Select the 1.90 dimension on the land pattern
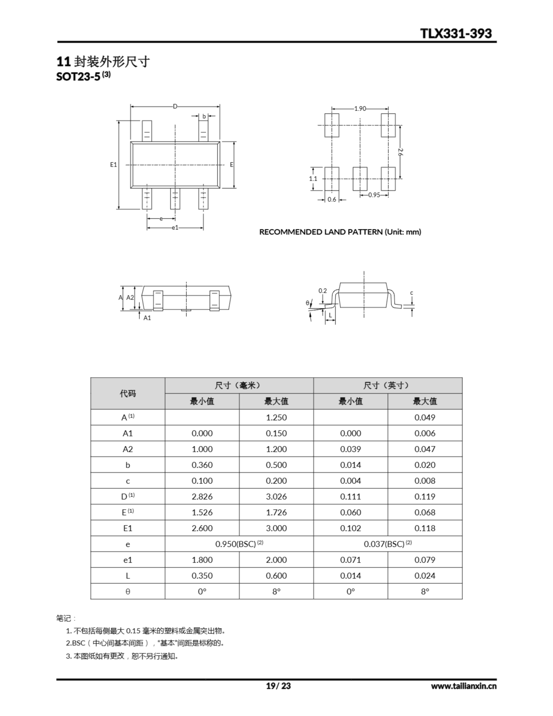[x=360, y=109]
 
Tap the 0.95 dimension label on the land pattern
[x=374, y=195]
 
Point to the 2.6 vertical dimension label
[x=400, y=152]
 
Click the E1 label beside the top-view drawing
[x=114, y=164]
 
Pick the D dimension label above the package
[x=175, y=106]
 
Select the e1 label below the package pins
[x=175, y=227]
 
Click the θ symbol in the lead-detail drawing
[x=307, y=303]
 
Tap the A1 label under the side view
[x=147, y=318]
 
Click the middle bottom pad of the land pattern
[x=360, y=179]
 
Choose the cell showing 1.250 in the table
[x=276, y=417]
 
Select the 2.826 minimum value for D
[x=202, y=496]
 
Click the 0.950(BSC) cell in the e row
[x=239, y=544]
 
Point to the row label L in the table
[x=127, y=576]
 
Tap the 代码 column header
[x=127, y=394]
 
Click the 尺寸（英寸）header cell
[x=387, y=385]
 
